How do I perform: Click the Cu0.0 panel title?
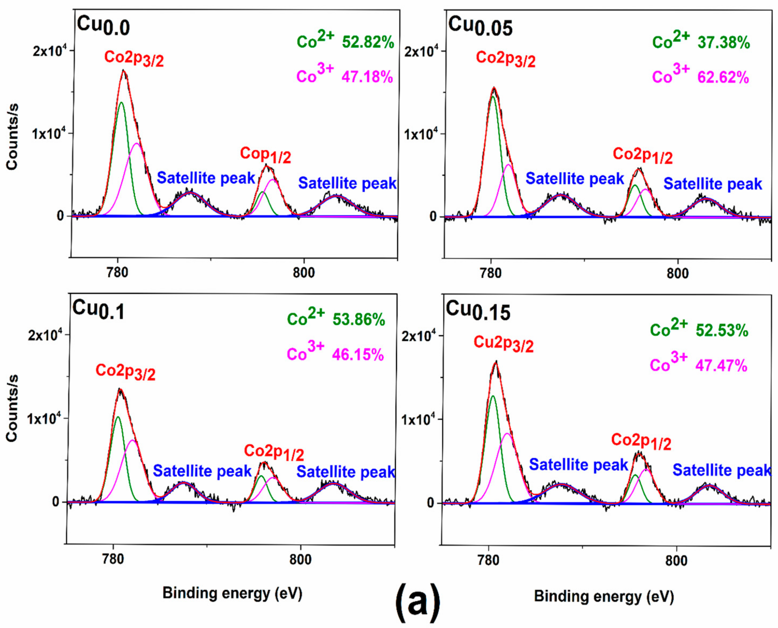point(103,26)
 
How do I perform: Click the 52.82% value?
point(368,42)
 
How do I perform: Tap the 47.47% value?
point(721,366)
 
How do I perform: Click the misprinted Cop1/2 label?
point(265,155)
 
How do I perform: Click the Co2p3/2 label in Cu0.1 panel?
point(125,372)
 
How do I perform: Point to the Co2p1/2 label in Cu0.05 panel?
point(642,156)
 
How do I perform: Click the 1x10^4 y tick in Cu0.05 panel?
point(420,134)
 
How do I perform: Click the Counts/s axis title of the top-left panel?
point(12,136)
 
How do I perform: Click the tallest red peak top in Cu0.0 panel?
point(124,70)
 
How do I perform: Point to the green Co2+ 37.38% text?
point(701,42)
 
